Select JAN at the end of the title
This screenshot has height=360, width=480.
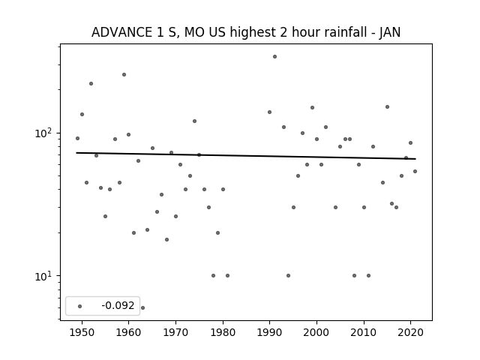pyautogui.click(x=390, y=32)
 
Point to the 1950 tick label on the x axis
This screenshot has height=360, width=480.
pyautogui.click(x=82, y=332)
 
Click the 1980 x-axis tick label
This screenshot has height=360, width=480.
pyautogui.click(x=223, y=332)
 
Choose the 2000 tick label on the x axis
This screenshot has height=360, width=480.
pyautogui.click(x=316, y=332)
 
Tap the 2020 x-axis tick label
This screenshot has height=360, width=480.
pyautogui.click(x=411, y=332)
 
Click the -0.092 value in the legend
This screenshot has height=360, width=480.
pyautogui.click(x=118, y=305)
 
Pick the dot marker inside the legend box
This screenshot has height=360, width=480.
pyautogui.click(x=80, y=306)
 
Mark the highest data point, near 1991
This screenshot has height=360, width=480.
pyautogui.click(x=275, y=57)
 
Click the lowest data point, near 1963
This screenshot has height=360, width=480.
pyautogui.click(x=142, y=307)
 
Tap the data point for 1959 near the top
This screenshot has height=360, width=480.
pyautogui.click(x=124, y=75)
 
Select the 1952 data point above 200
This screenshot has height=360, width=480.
pyautogui.click(x=91, y=83)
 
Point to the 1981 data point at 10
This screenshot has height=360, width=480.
pyautogui.click(x=227, y=275)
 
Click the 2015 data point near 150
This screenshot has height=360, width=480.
pyautogui.click(x=387, y=106)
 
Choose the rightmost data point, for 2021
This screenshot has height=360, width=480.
pyautogui.click(x=415, y=172)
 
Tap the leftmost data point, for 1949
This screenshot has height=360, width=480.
pyautogui.click(x=77, y=138)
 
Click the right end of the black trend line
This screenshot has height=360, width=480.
pyautogui.click(x=415, y=159)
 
